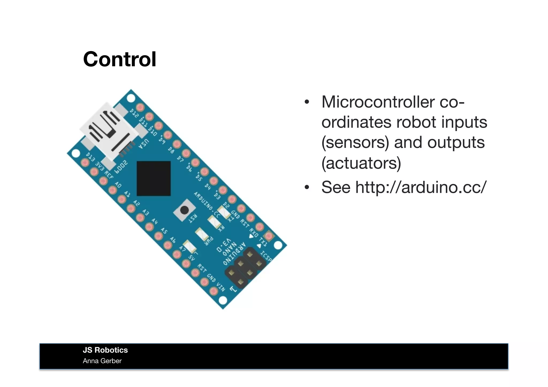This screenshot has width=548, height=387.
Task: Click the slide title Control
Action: click(x=120, y=59)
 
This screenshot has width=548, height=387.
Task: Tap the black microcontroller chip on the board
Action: click(x=154, y=178)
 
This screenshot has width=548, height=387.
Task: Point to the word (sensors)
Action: click(x=355, y=142)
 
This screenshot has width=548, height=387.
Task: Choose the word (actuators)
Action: click(x=361, y=163)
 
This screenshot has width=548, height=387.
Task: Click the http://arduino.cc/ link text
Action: click(x=420, y=187)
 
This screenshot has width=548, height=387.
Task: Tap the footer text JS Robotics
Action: click(x=105, y=350)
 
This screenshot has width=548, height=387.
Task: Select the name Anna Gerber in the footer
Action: click(x=102, y=361)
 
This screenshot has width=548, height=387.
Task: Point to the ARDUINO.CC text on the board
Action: click(x=207, y=205)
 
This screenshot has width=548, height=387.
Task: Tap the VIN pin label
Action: click(x=221, y=287)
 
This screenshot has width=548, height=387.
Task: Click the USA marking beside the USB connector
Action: click(x=143, y=144)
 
